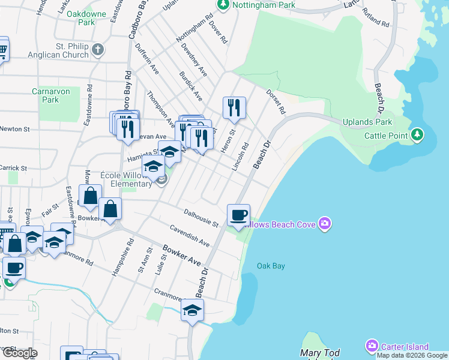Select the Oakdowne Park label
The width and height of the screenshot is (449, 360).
[86, 17]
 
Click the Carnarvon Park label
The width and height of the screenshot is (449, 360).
[50, 95]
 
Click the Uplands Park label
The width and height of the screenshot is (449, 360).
[367, 122]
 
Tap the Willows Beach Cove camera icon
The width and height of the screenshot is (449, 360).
[325, 224]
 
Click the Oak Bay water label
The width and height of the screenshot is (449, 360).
[271, 266]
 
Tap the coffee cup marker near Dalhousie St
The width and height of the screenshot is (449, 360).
[238, 214]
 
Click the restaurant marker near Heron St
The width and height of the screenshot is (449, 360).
[234, 107]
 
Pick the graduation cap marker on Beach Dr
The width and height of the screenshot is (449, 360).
[192, 310]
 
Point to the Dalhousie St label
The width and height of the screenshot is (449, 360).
[200, 217]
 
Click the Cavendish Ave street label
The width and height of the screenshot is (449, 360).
[190, 236]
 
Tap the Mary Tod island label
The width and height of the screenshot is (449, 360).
[319, 353]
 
